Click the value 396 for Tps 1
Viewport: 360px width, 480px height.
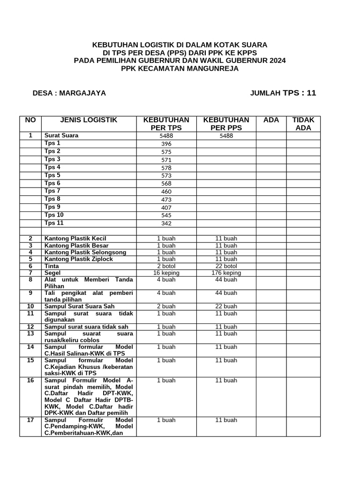pyautogui.click(x=166, y=144)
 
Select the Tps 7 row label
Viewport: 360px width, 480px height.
pyautogui.click(x=52, y=191)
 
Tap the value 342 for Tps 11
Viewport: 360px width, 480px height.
pyautogui.click(x=166, y=224)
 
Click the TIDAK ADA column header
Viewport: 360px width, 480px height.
pyautogui.click(x=303, y=124)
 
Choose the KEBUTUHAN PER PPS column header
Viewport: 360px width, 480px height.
pyautogui.click(x=226, y=124)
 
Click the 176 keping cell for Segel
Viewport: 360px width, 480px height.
pyautogui.click(x=226, y=273)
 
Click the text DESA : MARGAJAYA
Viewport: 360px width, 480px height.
pyautogui.click(x=69, y=93)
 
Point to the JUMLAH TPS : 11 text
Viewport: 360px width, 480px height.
pyautogui.click(x=283, y=93)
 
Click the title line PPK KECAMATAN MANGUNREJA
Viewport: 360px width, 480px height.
pyautogui.click(x=180, y=68)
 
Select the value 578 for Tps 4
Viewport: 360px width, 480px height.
pyautogui.click(x=166, y=168)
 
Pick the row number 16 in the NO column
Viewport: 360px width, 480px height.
pyautogui.click(x=30, y=380)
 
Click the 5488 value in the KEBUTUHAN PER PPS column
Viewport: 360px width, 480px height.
pyautogui.click(x=226, y=136)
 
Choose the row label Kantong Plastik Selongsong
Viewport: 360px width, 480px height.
pyautogui.click(x=85, y=252)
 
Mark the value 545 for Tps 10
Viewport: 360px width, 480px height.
pyautogui.click(x=166, y=216)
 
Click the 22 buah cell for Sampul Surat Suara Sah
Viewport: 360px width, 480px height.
pyautogui.click(x=226, y=306)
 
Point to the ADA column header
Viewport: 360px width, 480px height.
pyautogui.click(x=271, y=120)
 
